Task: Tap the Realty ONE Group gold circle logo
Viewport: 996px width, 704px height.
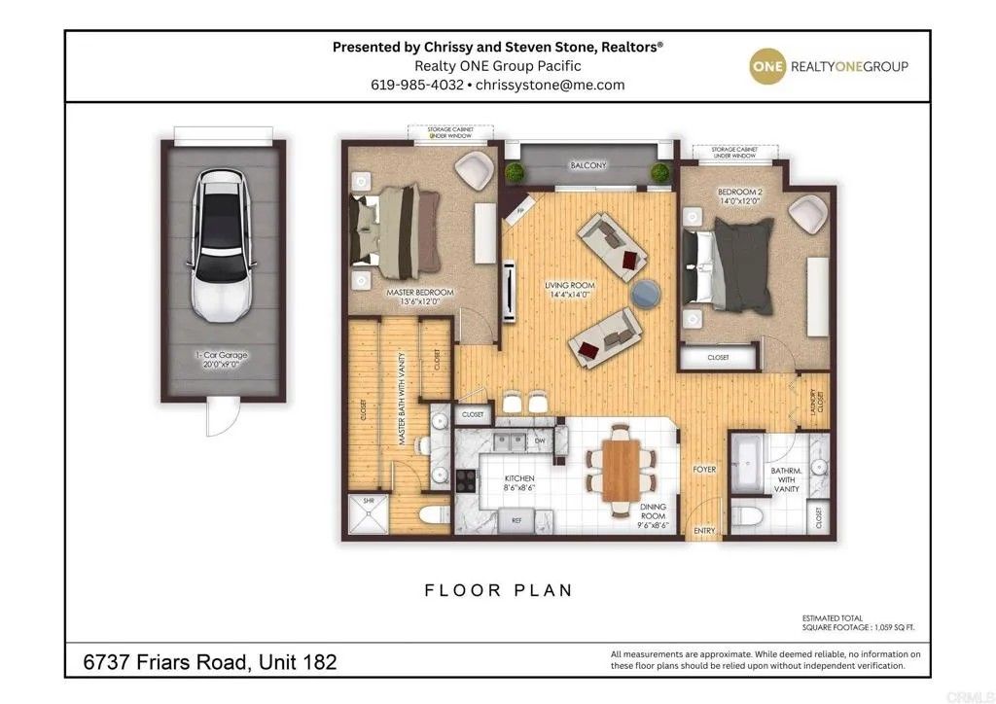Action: [765, 66]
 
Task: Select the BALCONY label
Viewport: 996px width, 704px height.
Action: [587, 165]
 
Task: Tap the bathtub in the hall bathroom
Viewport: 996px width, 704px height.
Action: [747, 464]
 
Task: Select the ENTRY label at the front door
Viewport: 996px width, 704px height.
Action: [704, 530]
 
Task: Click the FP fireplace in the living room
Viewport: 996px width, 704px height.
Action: [520, 209]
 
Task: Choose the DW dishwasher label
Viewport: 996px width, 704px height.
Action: [540, 442]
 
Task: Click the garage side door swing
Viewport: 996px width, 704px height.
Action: [218, 420]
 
